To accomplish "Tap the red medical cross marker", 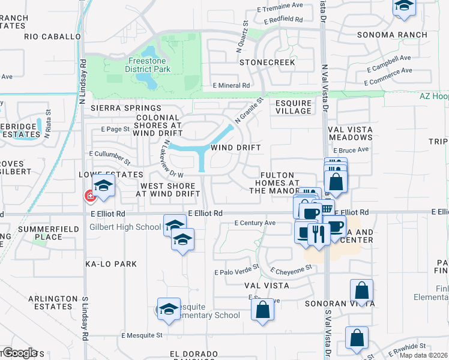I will point(90,196).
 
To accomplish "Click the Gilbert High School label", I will point(125,227).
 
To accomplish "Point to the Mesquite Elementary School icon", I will point(169,308).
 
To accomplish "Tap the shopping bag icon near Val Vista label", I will point(262,310).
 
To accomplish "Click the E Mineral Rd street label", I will point(231,86).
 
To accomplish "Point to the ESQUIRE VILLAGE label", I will point(293,107).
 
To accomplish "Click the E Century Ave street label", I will point(255,223).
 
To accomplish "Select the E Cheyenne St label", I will point(292,269).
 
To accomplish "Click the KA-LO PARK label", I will point(110,264).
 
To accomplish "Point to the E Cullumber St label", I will point(109,158).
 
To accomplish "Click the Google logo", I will point(20,352).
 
